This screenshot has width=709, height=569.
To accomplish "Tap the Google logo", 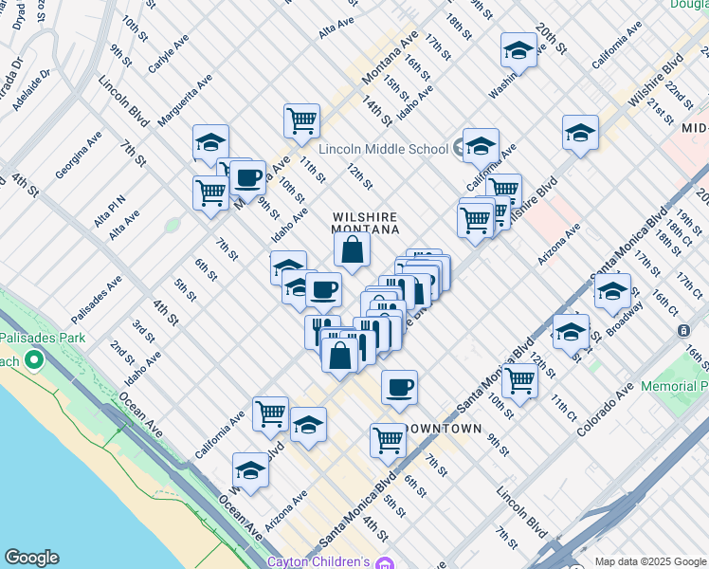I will tap(31, 558).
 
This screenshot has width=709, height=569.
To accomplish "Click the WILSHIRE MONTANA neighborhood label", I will tap(364, 223).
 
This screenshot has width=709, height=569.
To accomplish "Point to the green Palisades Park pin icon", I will tap(35, 360).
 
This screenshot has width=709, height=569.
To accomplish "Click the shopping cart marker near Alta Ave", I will tap(210, 192).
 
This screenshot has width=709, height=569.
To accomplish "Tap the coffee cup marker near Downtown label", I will tap(399, 387).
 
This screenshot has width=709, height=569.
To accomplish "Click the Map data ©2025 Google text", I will tap(649, 561).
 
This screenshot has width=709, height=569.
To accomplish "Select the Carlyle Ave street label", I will tap(168, 54).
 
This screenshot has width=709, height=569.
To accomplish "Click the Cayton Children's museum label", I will tap(318, 561).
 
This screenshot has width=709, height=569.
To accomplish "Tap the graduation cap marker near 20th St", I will tap(518, 51).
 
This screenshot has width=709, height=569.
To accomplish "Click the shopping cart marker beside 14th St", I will tap(301, 120).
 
